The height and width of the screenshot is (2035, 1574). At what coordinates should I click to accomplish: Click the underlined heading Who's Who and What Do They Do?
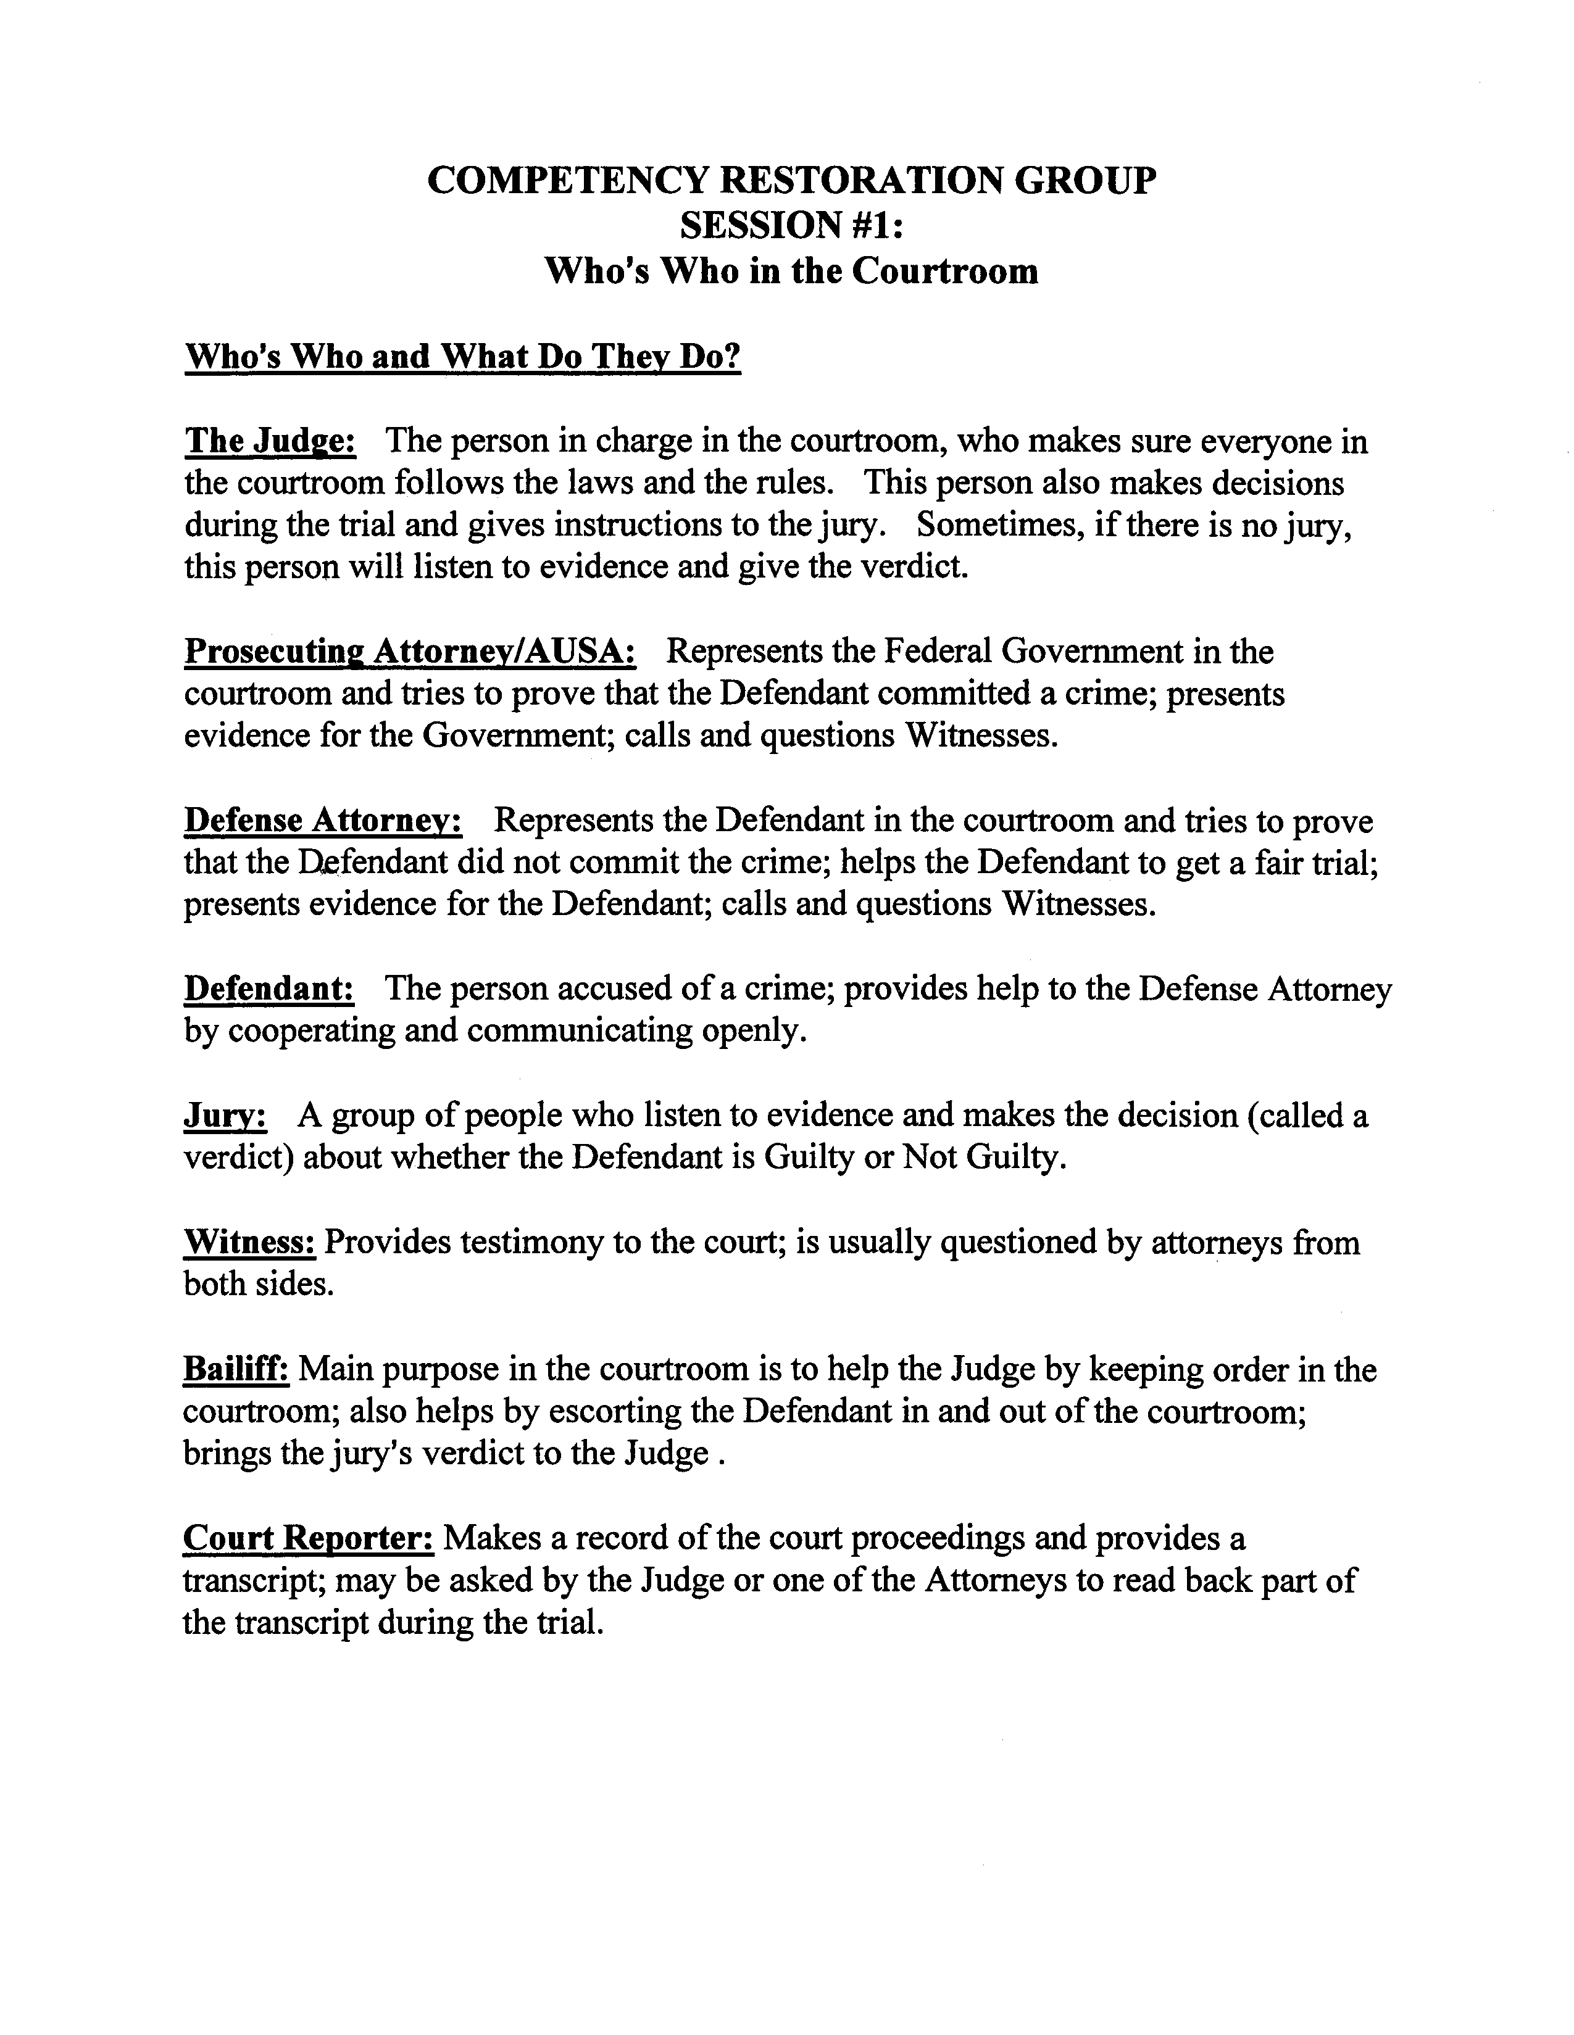(463, 356)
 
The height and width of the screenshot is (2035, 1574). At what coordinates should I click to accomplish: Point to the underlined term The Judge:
(270, 441)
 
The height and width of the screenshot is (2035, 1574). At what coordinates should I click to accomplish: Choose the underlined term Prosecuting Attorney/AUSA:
(410, 652)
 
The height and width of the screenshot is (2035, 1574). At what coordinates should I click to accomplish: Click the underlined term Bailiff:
(236, 1369)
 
